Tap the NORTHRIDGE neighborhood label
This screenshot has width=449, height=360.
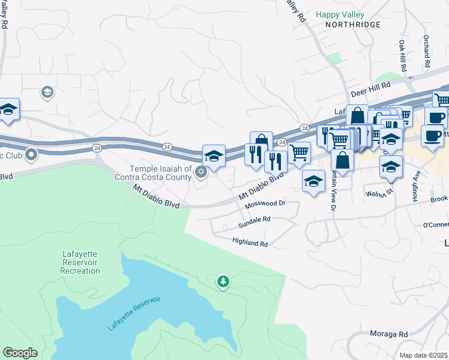pyautogui.click(x=353, y=25)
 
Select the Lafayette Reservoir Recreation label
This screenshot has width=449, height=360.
pyautogui.click(x=80, y=262)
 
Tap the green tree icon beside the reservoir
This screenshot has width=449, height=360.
pyautogui.click(x=223, y=281)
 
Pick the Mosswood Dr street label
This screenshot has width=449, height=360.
pyautogui.click(x=265, y=204)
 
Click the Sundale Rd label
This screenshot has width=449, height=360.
pyautogui.click(x=255, y=220)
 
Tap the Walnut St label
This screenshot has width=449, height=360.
pyautogui.click(x=380, y=192)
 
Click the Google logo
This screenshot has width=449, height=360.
pyautogui.click(x=20, y=353)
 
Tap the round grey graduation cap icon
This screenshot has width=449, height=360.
pyautogui.click(x=46, y=92)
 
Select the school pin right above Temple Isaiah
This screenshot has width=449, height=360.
pyautogui.click(x=214, y=157)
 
